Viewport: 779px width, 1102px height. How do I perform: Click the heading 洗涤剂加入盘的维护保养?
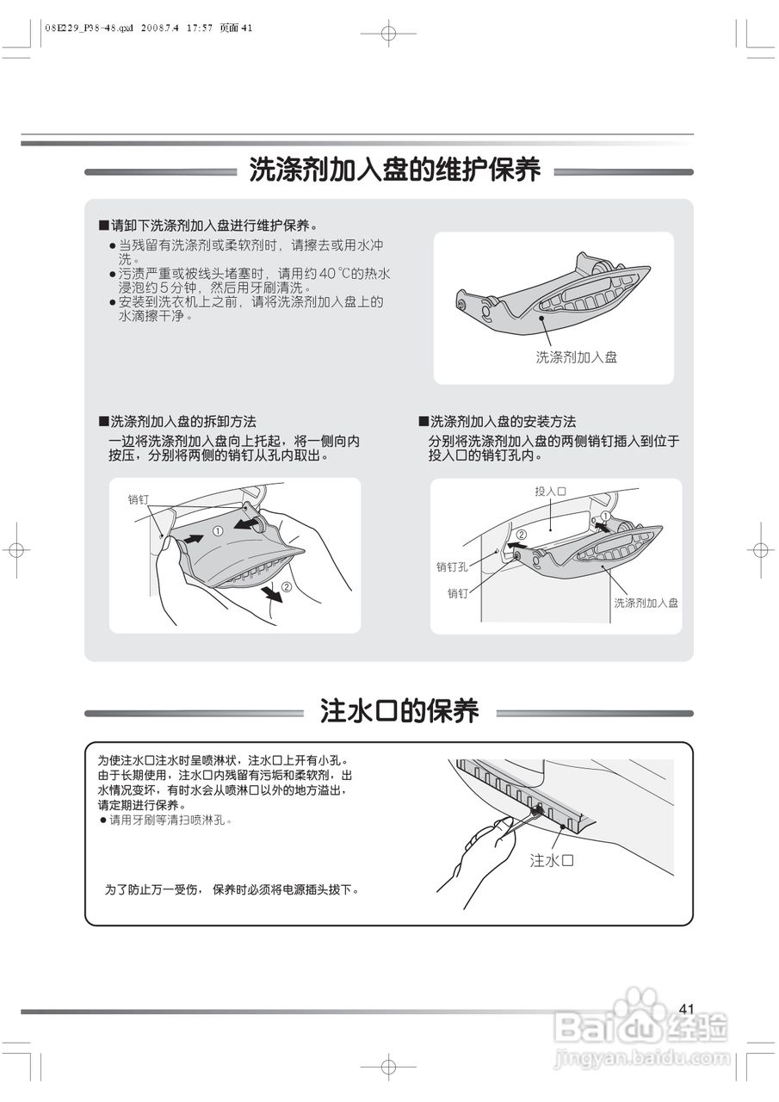pyautogui.click(x=395, y=170)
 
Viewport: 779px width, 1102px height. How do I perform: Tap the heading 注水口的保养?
pyautogui.click(x=399, y=711)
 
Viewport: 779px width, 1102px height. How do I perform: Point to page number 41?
pyautogui.click(x=686, y=1008)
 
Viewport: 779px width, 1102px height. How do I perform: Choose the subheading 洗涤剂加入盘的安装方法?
pyautogui.click(x=503, y=422)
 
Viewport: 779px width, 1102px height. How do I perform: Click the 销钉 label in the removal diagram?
pyautogui.click(x=138, y=498)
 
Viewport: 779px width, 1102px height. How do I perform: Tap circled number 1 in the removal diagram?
pyautogui.click(x=218, y=532)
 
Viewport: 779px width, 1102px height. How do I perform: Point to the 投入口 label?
pyautogui.click(x=550, y=491)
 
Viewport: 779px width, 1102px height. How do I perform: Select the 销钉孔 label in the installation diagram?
pyautogui.click(x=451, y=566)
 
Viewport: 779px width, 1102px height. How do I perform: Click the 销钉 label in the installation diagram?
pyautogui.click(x=457, y=593)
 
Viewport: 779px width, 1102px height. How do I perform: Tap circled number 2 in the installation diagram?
pyautogui.click(x=521, y=534)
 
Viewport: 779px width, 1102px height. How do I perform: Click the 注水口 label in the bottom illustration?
pyautogui.click(x=551, y=860)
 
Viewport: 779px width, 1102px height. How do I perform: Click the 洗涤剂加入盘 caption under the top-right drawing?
pyautogui.click(x=576, y=356)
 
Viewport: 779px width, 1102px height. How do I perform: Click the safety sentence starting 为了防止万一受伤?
pyautogui.click(x=232, y=888)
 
